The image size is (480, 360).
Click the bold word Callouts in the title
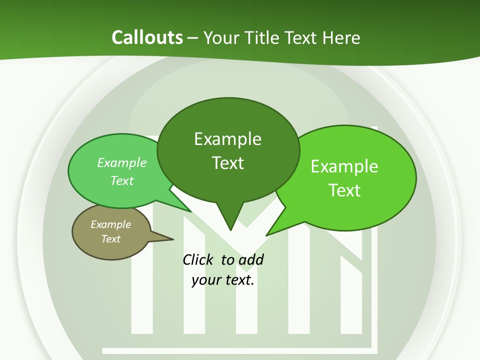147,37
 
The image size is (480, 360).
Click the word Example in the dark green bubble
227,139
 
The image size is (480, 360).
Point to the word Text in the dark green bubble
227,163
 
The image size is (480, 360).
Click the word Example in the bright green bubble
344,166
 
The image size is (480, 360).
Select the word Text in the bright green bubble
344,190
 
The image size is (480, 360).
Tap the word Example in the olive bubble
110,224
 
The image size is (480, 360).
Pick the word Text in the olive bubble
110,239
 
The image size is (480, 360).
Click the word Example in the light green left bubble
122,162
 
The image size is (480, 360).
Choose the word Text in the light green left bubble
122,180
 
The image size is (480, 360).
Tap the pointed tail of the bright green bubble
267,234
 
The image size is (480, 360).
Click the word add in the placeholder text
251,259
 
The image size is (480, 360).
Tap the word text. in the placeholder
239,280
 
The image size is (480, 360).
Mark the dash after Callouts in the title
193,37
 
